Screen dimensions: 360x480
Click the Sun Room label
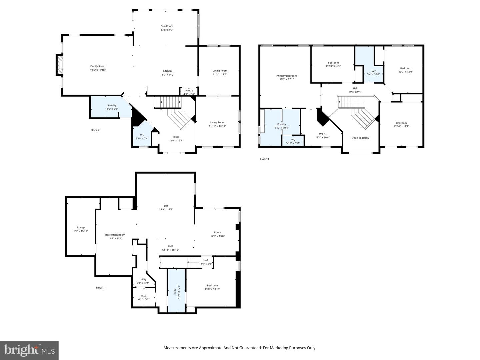(x=167, y=26)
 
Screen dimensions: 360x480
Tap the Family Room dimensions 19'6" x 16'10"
(x=98, y=70)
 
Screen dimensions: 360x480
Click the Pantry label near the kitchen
(x=189, y=90)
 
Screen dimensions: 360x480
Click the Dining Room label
(x=220, y=71)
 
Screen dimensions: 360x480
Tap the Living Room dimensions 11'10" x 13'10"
(x=217, y=126)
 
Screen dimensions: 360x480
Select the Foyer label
(x=176, y=137)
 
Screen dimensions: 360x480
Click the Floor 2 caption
(x=95, y=130)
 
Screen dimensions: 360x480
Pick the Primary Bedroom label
(x=286, y=76)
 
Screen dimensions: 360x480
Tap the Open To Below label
(x=360, y=138)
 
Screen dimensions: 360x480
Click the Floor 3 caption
(x=264, y=159)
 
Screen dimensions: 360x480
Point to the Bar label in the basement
(x=166, y=206)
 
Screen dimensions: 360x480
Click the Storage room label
(x=81, y=227)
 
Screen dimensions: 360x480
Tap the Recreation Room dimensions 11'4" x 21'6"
(x=115, y=238)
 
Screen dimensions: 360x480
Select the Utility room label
(x=143, y=279)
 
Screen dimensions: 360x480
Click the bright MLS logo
(x=29, y=350)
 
